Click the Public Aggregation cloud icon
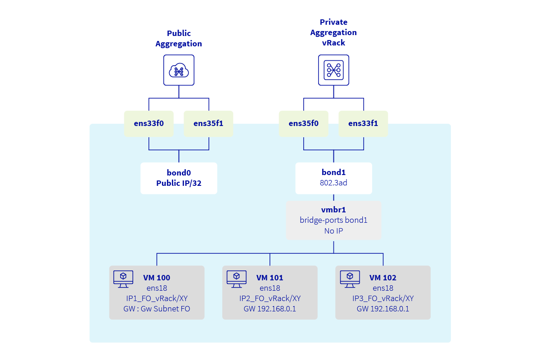tap(179, 70)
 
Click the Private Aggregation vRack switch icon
tap(333, 70)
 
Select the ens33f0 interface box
tap(149, 124)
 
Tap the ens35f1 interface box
tap(208, 124)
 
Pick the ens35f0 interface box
tap(303, 124)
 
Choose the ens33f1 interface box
tap(363, 124)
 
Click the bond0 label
tap(179, 173)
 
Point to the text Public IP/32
tap(179, 183)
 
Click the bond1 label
tap(333, 173)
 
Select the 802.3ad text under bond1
tap(333, 183)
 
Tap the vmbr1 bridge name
tap(333, 210)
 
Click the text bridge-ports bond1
tap(333, 220)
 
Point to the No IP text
tap(333, 231)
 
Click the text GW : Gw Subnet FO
tap(157, 309)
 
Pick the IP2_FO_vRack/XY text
tap(270, 298)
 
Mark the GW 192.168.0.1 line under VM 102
tap(383, 309)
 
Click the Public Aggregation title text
tap(179, 38)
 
